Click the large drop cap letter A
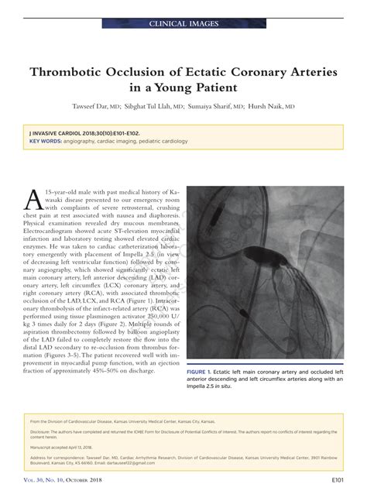(x=35, y=199)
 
